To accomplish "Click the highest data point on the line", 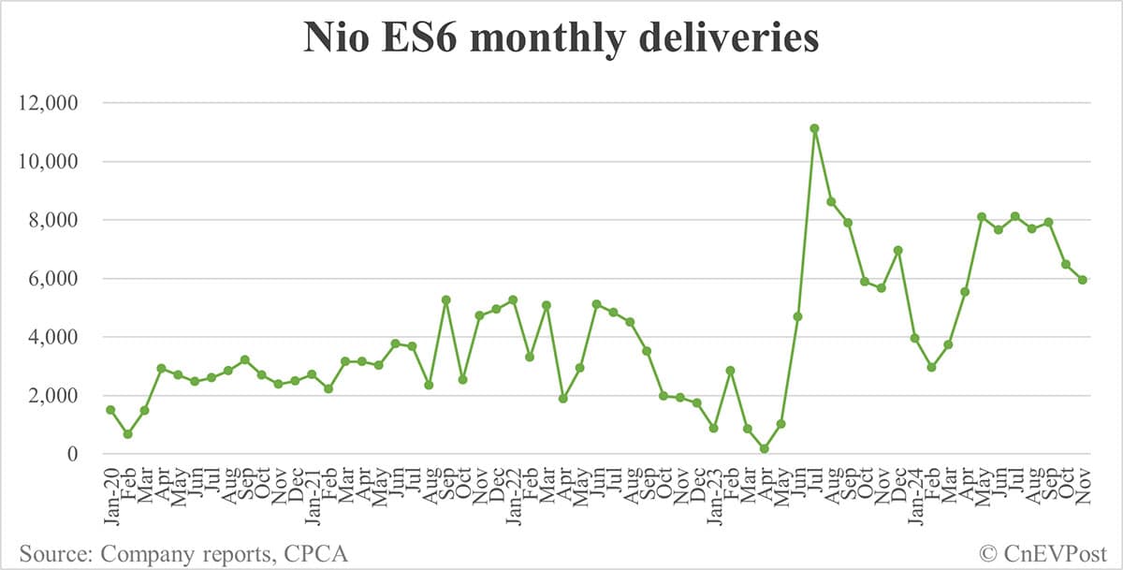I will (815, 128).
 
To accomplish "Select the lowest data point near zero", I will (765, 449).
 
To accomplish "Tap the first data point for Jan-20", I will (110, 410).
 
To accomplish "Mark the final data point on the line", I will (1083, 280).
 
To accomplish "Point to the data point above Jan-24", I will (915, 338).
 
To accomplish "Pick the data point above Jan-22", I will (513, 300).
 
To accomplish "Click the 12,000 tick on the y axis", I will (53, 103).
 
